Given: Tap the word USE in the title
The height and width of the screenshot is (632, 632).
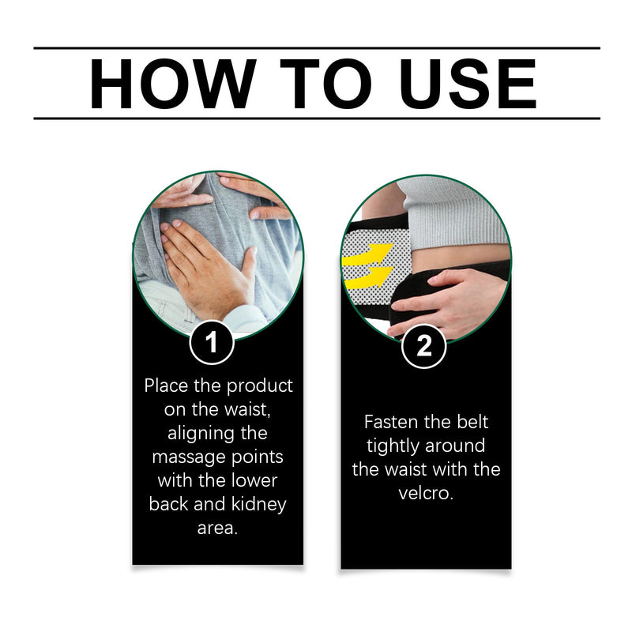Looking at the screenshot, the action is (468, 84).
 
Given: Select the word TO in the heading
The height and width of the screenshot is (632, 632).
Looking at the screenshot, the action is (325, 84).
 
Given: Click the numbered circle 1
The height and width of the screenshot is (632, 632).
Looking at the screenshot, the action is (212, 342).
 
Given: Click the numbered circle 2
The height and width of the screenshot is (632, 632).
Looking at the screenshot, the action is (423, 346).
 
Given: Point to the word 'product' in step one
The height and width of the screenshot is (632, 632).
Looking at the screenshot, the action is (260, 386).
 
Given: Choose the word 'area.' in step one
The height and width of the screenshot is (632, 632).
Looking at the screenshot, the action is (218, 528).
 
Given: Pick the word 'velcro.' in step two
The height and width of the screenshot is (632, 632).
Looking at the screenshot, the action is (426, 493).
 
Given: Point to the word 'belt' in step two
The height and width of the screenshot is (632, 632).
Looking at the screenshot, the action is (472, 422).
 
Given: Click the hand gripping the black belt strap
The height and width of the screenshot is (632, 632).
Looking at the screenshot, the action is (447, 303).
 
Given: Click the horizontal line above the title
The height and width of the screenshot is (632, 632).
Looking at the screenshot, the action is (317, 48).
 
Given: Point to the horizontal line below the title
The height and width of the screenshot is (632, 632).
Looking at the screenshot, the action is (317, 118).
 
